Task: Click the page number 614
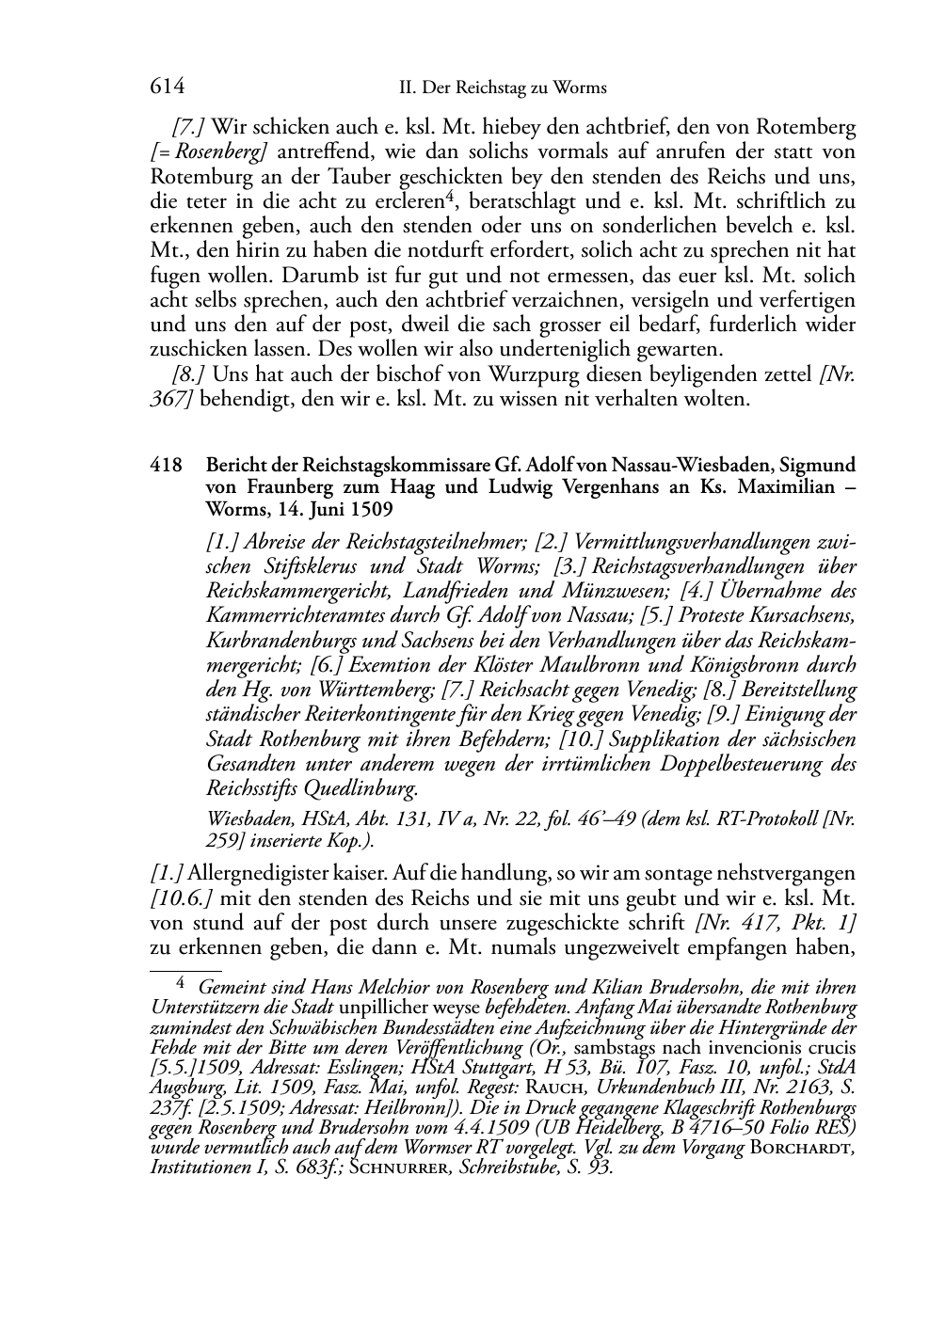point(167,87)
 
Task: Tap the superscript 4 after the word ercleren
point(451,197)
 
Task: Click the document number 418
point(166,466)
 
